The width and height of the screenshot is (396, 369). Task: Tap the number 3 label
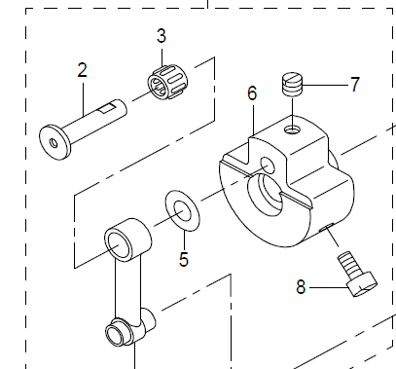click(x=162, y=37)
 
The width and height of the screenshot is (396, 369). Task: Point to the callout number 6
click(x=251, y=93)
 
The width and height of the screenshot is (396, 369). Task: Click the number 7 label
click(x=354, y=85)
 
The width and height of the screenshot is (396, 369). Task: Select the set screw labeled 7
click(x=289, y=85)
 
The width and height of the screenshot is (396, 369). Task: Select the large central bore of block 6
click(x=266, y=198)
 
